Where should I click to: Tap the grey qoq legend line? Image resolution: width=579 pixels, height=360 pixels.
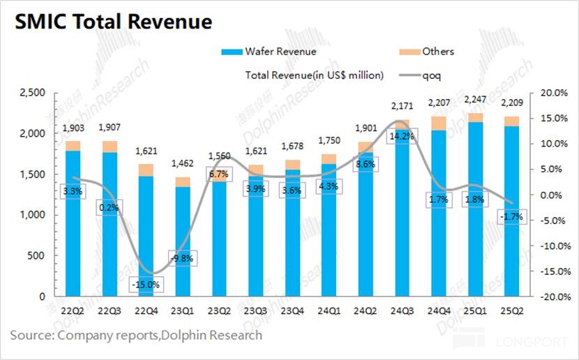pyautogui.click(x=410, y=75)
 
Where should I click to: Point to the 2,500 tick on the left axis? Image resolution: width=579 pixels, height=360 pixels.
pyautogui.click(x=33, y=93)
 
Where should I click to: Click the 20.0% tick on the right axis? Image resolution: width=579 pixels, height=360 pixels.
pyautogui.click(x=548, y=93)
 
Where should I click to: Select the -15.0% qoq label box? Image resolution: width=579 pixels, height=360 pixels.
pyautogui.click(x=145, y=285)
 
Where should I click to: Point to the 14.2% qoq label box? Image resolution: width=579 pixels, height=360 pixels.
pyautogui.click(x=402, y=137)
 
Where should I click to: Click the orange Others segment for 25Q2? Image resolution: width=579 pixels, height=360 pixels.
pyautogui.click(x=512, y=121)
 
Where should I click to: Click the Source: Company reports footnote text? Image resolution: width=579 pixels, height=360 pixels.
pyautogui.click(x=136, y=336)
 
